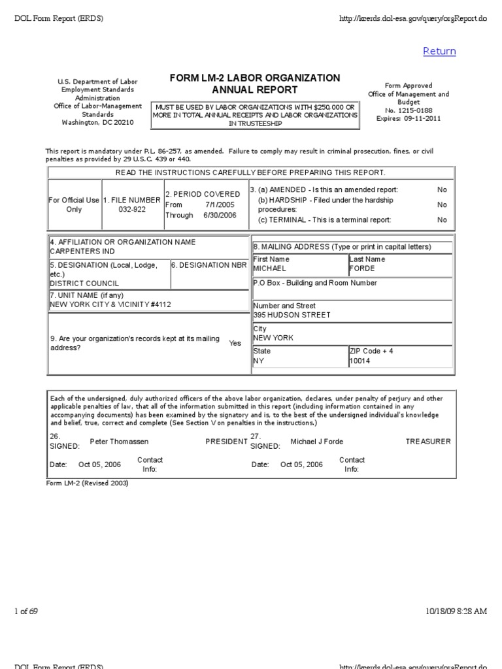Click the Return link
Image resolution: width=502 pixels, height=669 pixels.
click(439, 52)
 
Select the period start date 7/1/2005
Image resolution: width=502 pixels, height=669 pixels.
click(220, 204)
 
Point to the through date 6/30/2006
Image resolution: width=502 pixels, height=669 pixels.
click(220, 215)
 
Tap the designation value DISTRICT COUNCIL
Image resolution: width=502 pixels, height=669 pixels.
click(84, 284)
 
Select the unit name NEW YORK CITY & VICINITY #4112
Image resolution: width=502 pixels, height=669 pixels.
click(110, 304)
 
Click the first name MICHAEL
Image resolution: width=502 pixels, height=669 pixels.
click(269, 269)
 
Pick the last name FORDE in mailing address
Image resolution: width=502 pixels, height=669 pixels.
click(362, 269)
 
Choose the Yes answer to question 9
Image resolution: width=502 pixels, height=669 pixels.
click(235, 343)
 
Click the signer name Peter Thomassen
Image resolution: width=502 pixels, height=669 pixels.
click(119, 442)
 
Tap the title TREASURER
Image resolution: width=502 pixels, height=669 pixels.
click(428, 442)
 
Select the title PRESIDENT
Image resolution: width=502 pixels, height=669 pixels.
click(226, 442)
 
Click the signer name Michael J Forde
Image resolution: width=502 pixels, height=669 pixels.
click(317, 442)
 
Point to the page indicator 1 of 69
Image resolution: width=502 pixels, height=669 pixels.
click(26, 611)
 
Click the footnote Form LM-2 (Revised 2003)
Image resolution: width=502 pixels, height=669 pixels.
click(87, 483)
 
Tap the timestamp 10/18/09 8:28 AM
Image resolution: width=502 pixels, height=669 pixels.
click(456, 611)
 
